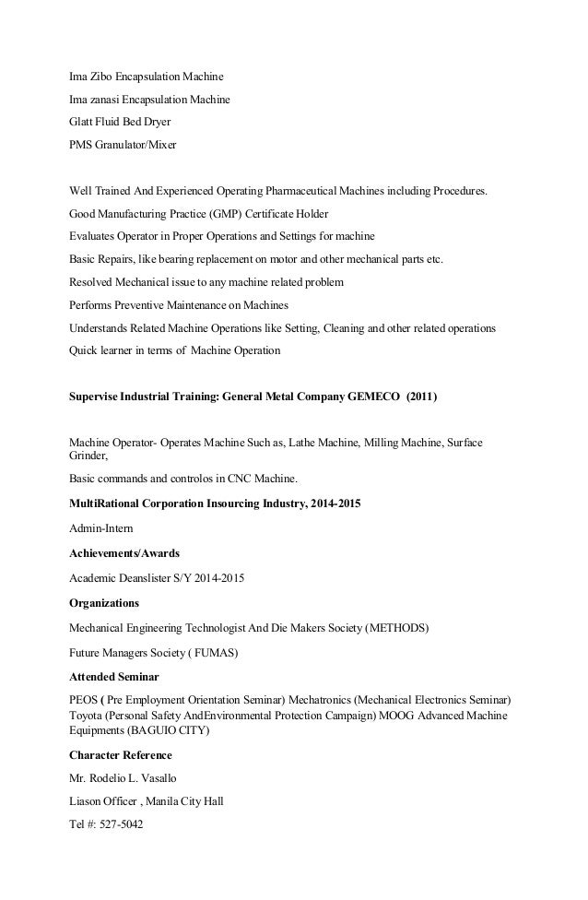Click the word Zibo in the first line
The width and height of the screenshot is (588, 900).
tap(101, 76)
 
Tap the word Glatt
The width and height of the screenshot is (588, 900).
tap(83, 122)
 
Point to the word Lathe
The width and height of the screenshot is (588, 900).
tap(303, 443)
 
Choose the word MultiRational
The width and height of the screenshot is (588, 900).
tap(108, 505)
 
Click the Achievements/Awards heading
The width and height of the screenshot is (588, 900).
tap(124, 554)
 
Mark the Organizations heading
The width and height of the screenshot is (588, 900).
tap(104, 603)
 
